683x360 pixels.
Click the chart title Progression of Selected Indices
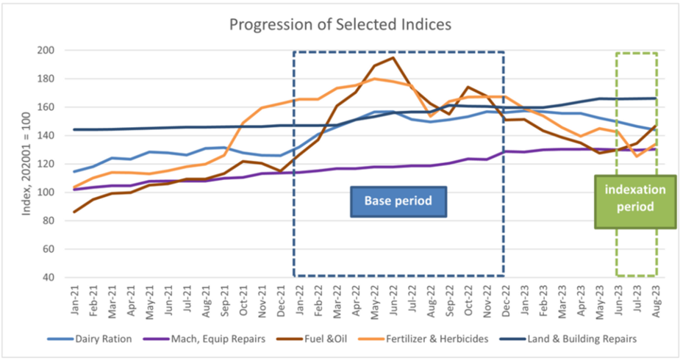click(340, 24)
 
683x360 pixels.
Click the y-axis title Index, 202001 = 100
click(28, 165)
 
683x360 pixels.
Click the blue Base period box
click(398, 200)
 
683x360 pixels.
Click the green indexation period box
click(634, 198)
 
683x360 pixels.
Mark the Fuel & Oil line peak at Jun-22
click(393, 58)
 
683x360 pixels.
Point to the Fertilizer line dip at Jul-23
click(637, 156)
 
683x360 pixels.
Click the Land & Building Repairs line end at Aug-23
click(656, 98)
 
